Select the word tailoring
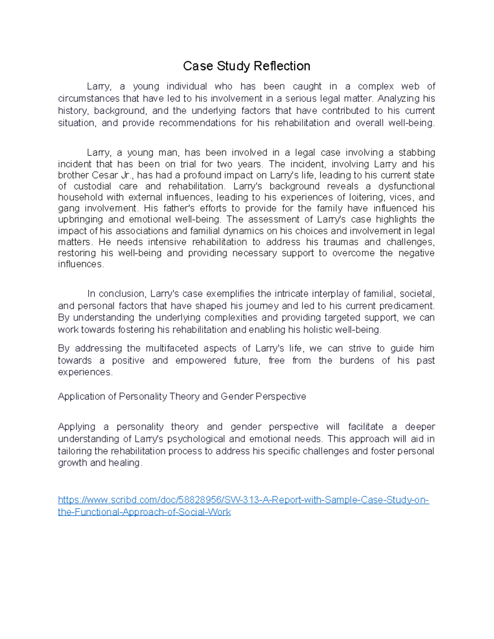75,451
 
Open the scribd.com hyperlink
243,500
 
